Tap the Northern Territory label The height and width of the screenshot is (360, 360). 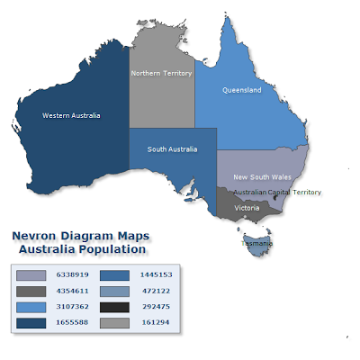(163, 73)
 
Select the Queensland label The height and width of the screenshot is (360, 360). (242, 91)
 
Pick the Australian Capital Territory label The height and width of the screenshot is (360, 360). (276, 193)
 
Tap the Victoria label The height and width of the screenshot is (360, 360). (247, 208)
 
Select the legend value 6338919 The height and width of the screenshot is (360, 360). (72, 274)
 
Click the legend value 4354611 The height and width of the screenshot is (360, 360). (72, 290)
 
